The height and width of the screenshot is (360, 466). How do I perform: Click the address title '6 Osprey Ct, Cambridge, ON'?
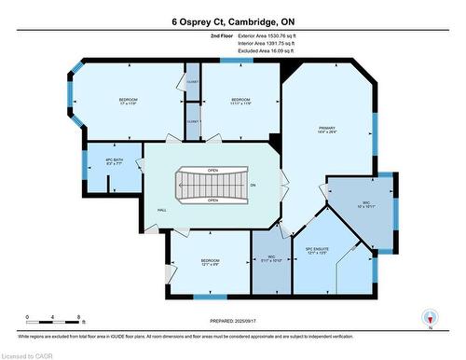click(x=232, y=20)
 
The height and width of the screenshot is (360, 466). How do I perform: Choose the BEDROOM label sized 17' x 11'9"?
click(x=129, y=102)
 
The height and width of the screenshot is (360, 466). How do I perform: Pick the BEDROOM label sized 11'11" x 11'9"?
click(x=241, y=102)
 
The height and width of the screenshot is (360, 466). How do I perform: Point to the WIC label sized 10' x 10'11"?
click(x=362, y=206)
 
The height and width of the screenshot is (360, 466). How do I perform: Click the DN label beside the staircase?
click(x=252, y=186)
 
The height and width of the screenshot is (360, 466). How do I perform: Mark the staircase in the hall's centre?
click(x=212, y=185)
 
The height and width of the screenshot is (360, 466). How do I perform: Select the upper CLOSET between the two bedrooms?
click(x=192, y=82)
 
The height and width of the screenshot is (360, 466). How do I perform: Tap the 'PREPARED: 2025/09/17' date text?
click(x=232, y=322)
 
